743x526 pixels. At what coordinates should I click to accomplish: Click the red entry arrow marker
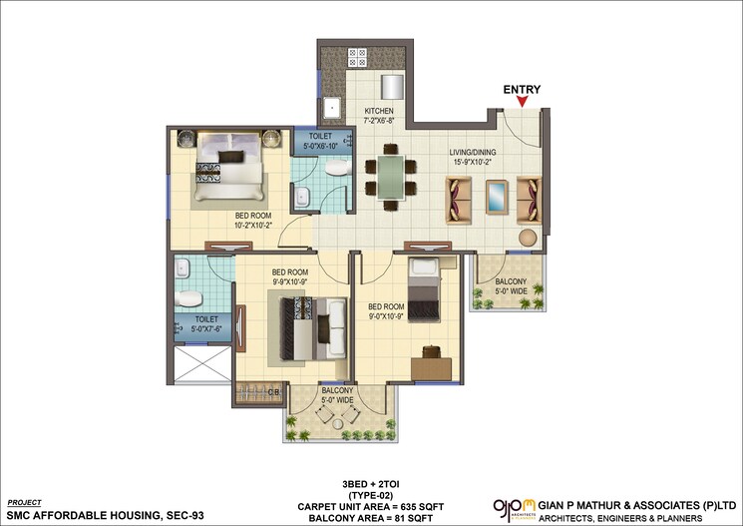coord(522,101)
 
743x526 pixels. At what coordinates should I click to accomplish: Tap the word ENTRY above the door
coord(522,89)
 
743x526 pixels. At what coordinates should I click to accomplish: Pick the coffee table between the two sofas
coord(496,196)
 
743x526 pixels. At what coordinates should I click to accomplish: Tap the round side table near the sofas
coord(527,239)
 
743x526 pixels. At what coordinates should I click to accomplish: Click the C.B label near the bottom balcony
coord(271,391)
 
